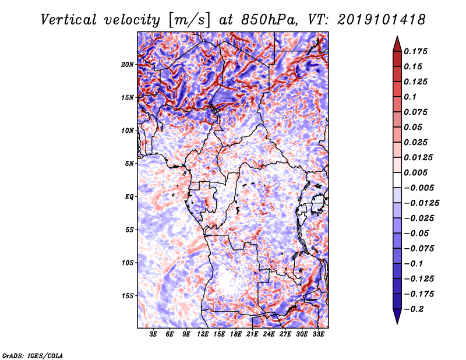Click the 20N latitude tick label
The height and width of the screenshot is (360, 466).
[128, 64]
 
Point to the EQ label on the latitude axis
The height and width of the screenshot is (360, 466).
[129, 196]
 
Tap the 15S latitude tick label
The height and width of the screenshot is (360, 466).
[128, 295]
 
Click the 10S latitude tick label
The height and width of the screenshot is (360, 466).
[128, 263]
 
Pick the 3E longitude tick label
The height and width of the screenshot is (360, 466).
[154, 335]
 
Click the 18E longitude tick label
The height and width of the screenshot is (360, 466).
[236, 335]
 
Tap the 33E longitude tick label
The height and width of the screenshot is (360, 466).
[319, 335]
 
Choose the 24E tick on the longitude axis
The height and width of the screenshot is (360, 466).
[269, 335]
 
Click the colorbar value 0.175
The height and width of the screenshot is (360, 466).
[417, 51]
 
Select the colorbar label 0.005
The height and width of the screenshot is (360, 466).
[417, 172]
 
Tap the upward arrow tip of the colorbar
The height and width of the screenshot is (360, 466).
[396, 38]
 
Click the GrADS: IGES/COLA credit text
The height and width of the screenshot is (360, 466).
[32, 355]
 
